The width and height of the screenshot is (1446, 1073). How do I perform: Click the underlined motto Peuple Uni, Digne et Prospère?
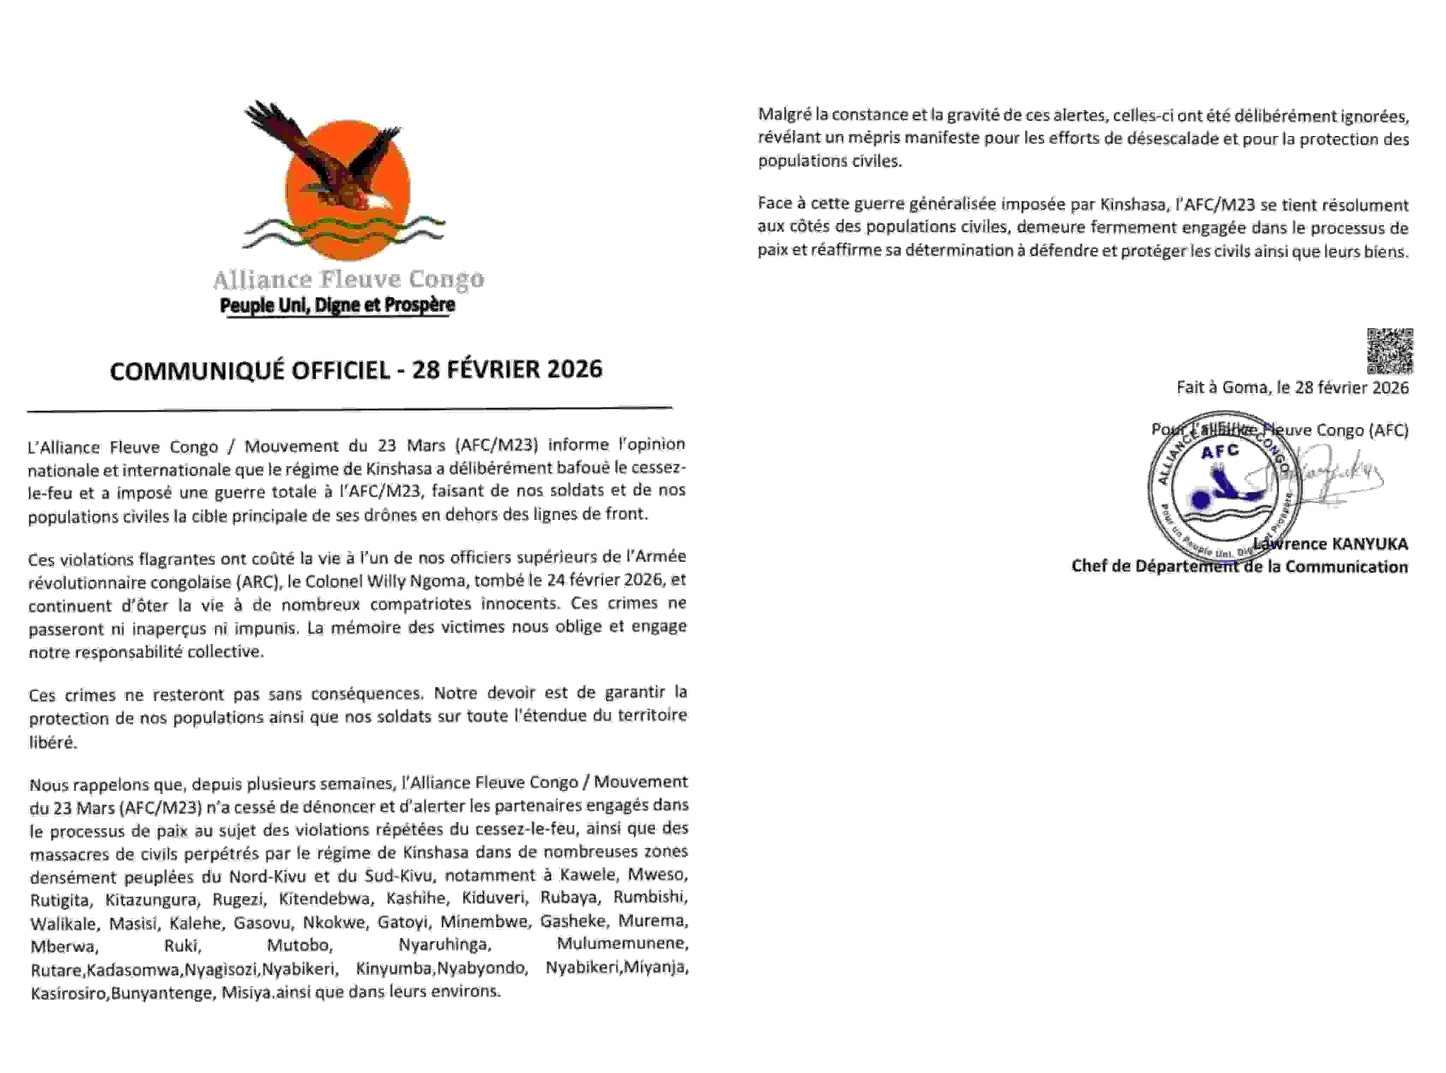point(337,304)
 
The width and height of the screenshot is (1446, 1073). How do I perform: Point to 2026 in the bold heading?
point(574,369)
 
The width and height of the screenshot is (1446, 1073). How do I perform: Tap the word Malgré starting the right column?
point(784,115)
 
